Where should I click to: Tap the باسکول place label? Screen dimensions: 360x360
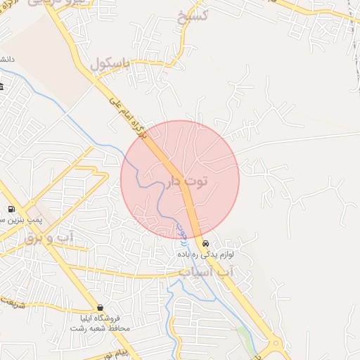coord(111,65)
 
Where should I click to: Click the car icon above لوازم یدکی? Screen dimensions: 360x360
coord(205,243)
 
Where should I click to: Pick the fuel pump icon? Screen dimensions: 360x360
coord(11,210)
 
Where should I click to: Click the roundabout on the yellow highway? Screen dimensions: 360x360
coord(275,345)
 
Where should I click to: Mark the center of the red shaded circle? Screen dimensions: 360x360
coord(180,179)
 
